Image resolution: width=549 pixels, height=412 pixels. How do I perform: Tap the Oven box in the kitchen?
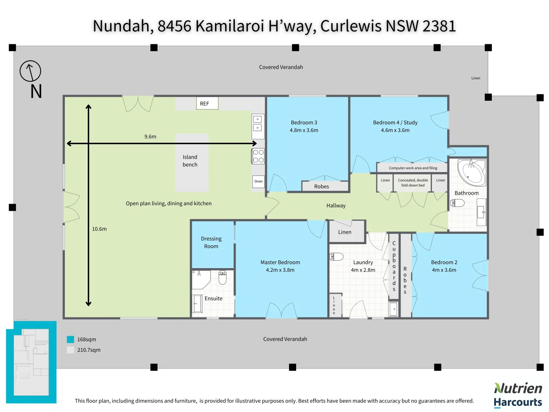[258, 181]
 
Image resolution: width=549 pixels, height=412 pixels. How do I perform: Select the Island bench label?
[190, 161]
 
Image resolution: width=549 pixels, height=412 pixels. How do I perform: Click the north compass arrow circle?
[30, 71]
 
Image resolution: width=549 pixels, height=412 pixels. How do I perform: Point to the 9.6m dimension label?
[150, 137]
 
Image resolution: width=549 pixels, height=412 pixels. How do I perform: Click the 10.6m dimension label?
[99, 229]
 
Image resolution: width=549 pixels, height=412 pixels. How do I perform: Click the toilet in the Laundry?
[337, 256]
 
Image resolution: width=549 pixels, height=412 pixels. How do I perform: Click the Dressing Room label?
[211, 243]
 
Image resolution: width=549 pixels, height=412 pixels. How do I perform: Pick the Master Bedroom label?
[280, 262]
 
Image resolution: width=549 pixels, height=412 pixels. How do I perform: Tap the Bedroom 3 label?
[304, 122]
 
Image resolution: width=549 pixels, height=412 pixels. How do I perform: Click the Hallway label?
[336, 206]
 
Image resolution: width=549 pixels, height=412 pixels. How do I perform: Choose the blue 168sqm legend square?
[70, 340]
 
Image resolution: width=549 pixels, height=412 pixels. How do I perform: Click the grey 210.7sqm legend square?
[70, 350]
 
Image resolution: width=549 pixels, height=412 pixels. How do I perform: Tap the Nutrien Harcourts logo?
[518, 395]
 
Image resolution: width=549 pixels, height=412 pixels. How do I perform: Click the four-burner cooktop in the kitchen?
[258, 156]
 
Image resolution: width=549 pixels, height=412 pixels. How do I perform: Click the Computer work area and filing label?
[413, 168]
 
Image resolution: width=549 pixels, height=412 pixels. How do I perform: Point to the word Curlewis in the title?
[351, 26]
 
